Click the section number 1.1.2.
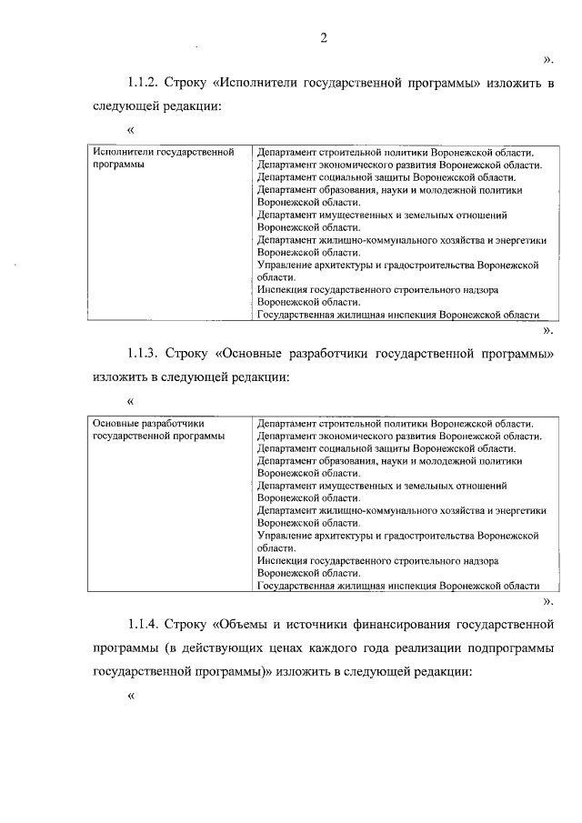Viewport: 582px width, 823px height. (x=145, y=83)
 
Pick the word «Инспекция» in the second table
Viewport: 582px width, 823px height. (x=282, y=562)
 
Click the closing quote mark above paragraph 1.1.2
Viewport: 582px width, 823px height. (x=548, y=60)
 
